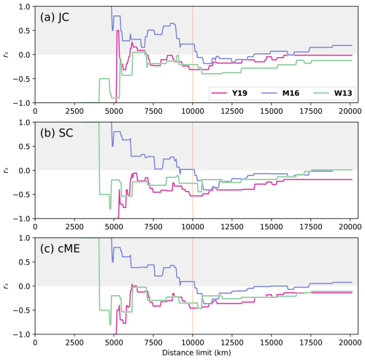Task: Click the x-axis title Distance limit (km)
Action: click(193, 353)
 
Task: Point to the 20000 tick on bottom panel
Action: click(350, 342)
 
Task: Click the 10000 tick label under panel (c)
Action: click(193, 342)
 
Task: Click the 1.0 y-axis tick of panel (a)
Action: click(25, 7)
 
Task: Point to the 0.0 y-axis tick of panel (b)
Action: click(25, 170)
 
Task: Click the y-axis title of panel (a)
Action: click(7, 55)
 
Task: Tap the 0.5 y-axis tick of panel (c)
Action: click(25, 261)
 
